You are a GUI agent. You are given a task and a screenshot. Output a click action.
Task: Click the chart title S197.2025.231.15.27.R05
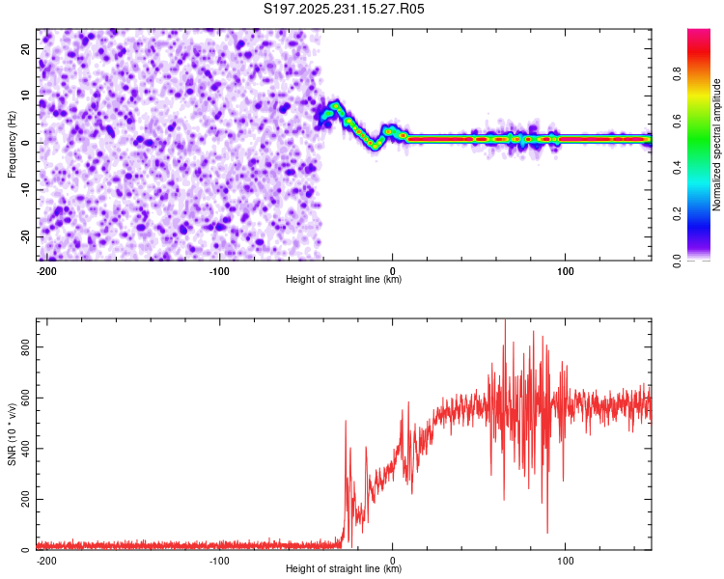point(345,9)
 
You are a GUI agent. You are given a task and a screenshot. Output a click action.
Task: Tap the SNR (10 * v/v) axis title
point(12,433)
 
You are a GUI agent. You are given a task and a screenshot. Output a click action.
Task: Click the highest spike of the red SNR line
point(505,322)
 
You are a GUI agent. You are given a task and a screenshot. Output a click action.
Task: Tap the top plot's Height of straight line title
point(344,280)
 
